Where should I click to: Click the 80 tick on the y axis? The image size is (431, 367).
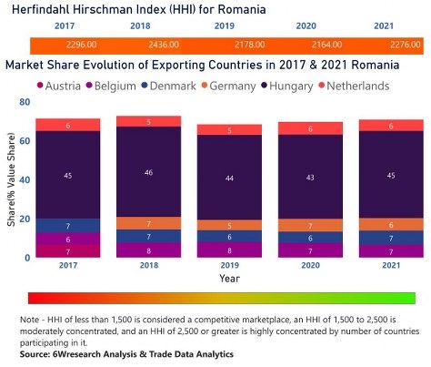pos(25,103)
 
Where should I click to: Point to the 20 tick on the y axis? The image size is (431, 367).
pos(25,219)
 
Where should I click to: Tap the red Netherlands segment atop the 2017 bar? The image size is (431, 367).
pos(68,125)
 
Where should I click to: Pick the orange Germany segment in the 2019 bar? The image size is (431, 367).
pos(229,225)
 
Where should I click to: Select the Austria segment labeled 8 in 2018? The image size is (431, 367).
pos(148,250)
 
